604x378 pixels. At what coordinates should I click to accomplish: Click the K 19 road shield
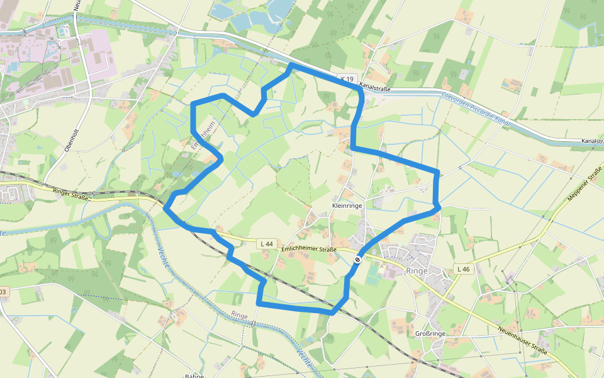(347, 79)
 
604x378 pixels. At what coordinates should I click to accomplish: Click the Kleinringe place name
(346, 206)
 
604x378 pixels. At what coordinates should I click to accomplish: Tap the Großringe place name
(430, 333)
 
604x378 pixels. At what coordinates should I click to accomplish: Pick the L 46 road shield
(462, 269)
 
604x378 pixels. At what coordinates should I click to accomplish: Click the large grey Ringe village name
(417, 270)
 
